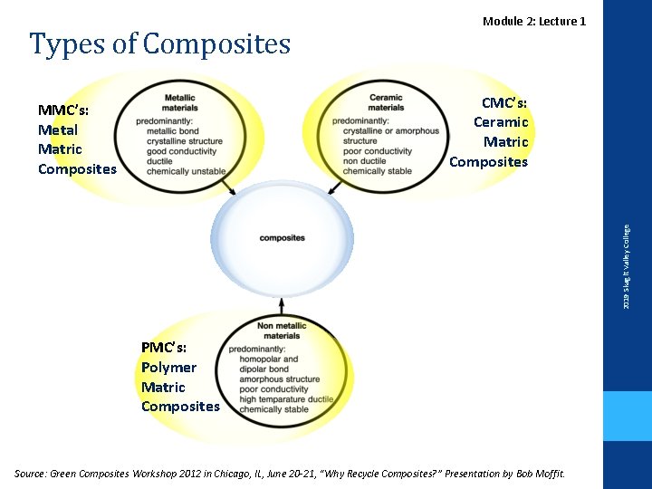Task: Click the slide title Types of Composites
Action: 159,43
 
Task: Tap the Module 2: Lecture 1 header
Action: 534,21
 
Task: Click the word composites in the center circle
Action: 282,238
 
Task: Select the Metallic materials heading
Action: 181,102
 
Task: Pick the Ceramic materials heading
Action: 386,102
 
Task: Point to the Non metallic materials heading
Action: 282,331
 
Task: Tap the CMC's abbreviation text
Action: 504,102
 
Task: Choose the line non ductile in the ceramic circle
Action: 364,161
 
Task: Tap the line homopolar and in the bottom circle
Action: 269,359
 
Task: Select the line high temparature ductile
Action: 286,399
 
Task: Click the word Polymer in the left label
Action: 168,367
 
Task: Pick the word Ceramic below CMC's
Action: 501,122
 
